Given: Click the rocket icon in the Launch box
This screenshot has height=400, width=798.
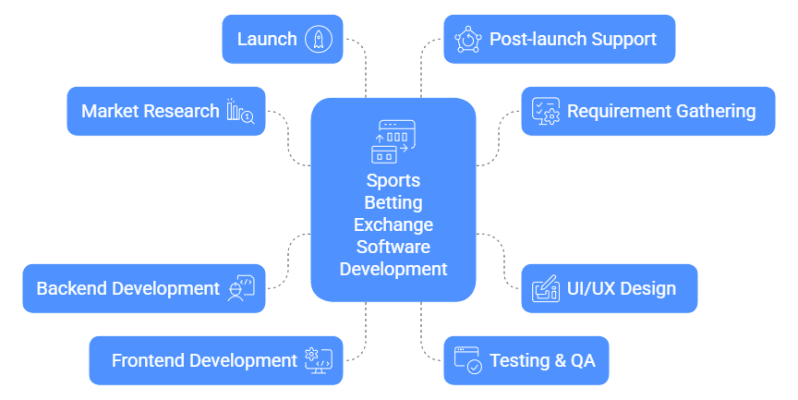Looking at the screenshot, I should [319, 39].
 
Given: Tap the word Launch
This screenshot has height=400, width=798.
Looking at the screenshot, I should [267, 39].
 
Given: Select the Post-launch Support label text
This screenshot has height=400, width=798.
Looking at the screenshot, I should [573, 39].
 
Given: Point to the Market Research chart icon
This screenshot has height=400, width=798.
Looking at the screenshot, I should [240, 111].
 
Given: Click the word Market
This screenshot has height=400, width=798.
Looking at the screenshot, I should [111, 111].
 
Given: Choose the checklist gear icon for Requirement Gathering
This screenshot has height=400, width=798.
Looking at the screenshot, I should [545, 111].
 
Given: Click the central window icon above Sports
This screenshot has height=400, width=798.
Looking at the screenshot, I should [393, 141].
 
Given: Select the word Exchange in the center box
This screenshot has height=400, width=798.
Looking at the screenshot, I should [393, 224].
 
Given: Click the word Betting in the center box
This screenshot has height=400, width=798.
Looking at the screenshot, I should [393, 202].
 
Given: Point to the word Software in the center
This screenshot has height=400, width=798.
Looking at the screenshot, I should [393, 247].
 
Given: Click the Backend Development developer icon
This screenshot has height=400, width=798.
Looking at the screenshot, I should [240, 288].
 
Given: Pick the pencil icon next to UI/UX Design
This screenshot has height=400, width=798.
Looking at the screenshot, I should [545, 288].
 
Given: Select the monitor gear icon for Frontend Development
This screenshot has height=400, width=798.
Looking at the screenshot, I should [318, 360].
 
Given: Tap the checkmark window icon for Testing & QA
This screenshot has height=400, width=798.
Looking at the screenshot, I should [468, 360].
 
